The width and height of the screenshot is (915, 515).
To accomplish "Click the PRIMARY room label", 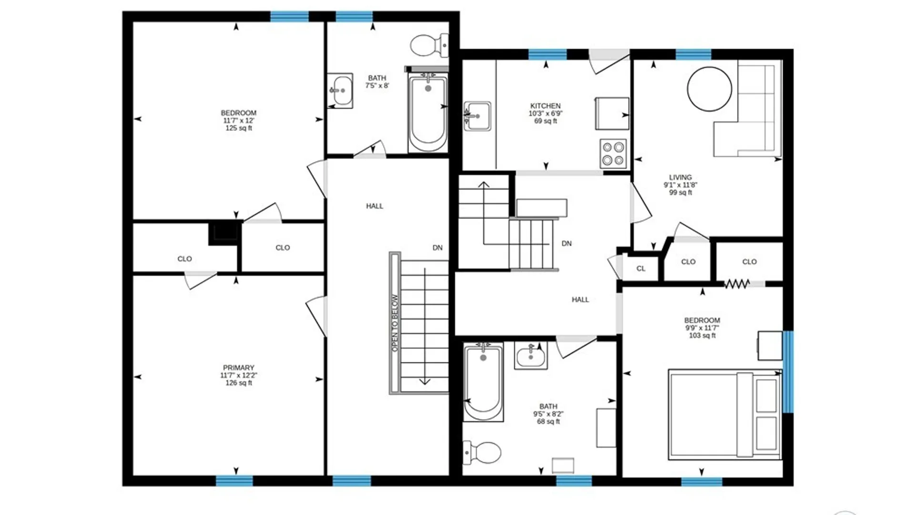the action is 238,368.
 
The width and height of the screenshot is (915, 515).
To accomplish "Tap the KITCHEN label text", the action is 546,106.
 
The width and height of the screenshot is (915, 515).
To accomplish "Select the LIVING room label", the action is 680,177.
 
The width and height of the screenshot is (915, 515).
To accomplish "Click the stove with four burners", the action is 613,154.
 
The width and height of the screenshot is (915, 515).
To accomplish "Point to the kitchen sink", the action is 477,116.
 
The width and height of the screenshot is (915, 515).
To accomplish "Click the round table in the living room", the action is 709,89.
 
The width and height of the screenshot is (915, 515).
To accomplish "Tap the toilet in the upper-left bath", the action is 429,45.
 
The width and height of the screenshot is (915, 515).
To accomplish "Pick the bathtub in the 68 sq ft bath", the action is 483,382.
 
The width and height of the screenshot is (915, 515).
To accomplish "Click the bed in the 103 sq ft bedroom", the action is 725,414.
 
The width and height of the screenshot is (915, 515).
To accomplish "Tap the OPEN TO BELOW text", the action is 395,323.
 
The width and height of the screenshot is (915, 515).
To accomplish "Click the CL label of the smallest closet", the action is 641,268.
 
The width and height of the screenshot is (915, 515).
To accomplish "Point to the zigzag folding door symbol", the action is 737,284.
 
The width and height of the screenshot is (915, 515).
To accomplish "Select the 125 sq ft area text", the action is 239,128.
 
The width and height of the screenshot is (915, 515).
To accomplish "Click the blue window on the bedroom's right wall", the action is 788,372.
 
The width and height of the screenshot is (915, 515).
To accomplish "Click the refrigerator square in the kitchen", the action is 612,113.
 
